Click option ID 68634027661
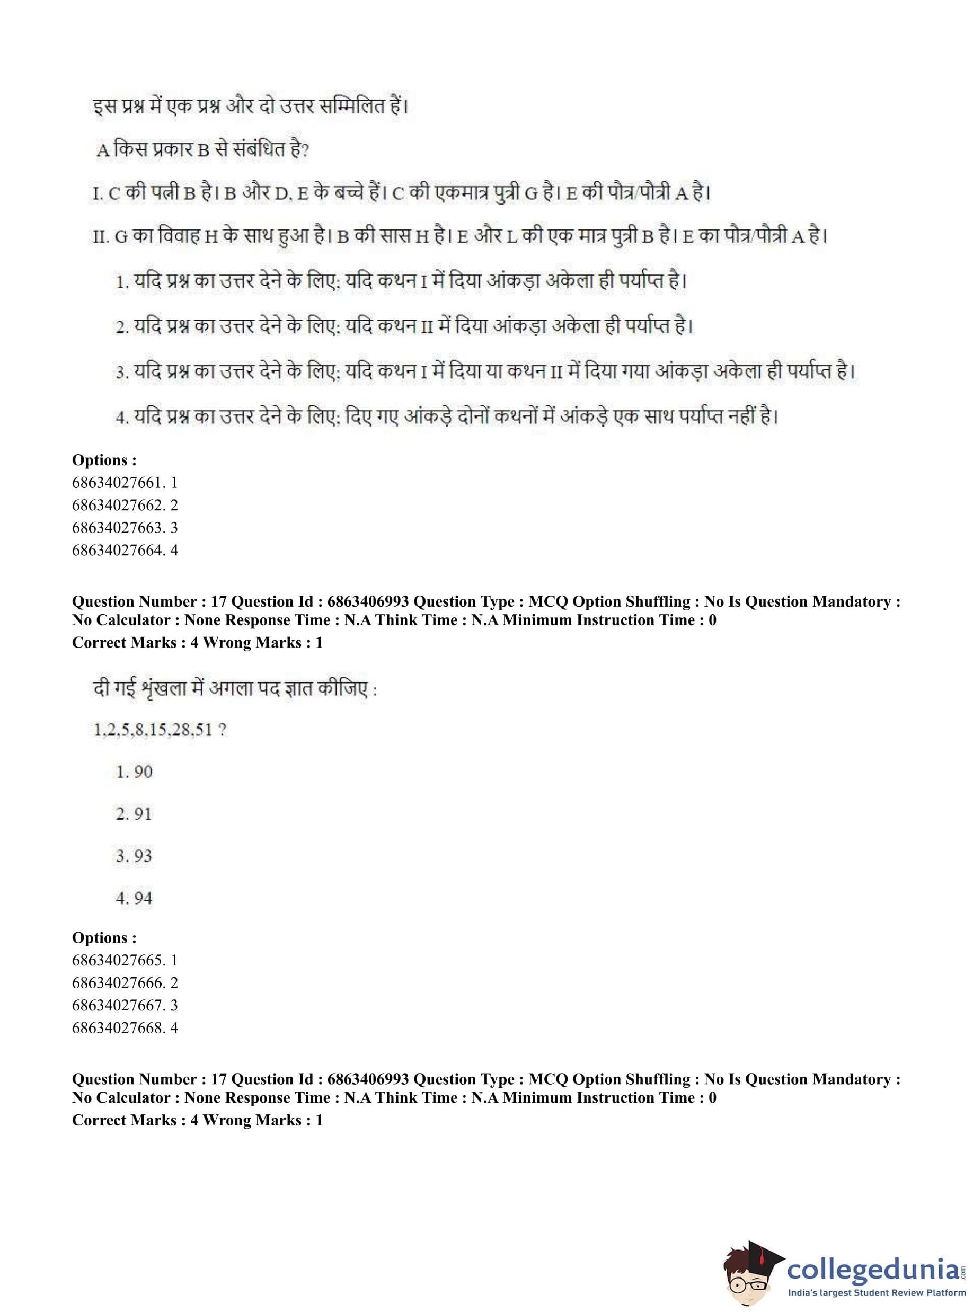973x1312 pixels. (x=125, y=483)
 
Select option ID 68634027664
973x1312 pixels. (x=125, y=550)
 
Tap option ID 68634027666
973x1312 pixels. (x=125, y=983)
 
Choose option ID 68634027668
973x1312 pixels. (x=125, y=1027)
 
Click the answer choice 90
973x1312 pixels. (x=134, y=772)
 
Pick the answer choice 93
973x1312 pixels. (x=134, y=856)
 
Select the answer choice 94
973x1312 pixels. (x=134, y=898)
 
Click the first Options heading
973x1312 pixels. (x=104, y=460)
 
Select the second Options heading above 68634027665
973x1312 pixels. (x=104, y=938)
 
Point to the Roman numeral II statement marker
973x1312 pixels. (x=100, y=237)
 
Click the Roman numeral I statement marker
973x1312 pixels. (x=98, y=194)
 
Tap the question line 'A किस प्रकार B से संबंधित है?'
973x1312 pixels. (x=203, y=150)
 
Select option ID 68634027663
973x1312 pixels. (x=125, y=528)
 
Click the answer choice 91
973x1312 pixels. (x=134, y=814)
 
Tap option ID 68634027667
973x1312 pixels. (x=125, y=1005)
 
